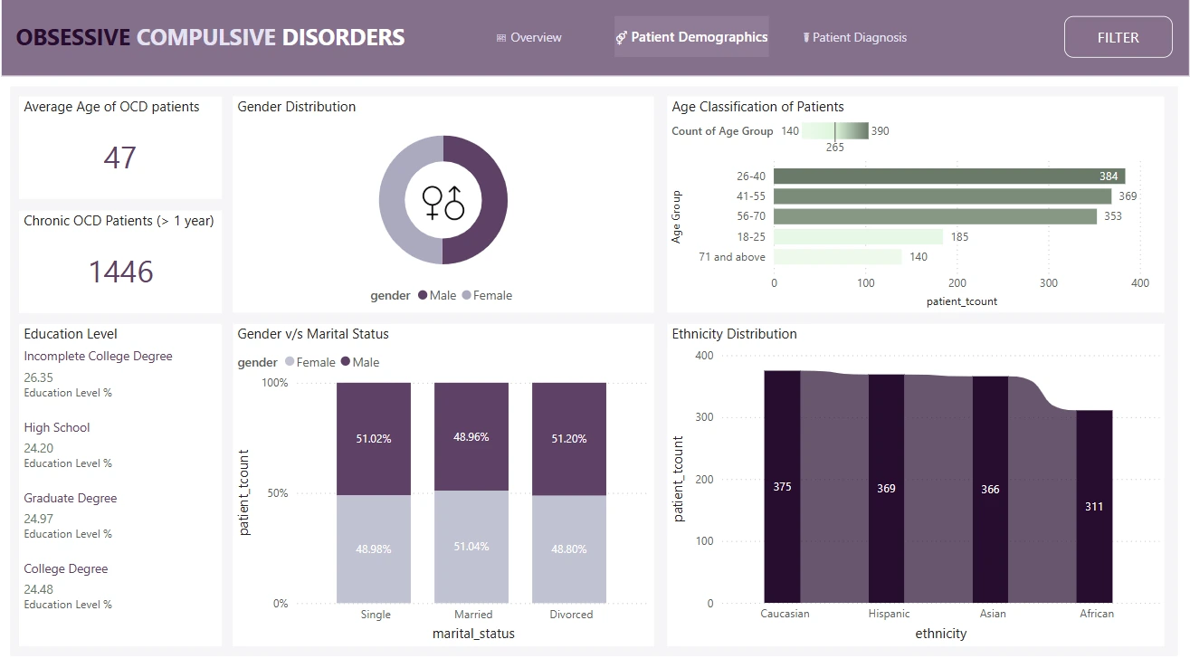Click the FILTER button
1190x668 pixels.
[x=1118, y=37]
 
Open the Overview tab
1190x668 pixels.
[x=529, y=37]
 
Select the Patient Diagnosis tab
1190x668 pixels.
[x=855, y=37]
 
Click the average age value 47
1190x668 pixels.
[x=119, y=157]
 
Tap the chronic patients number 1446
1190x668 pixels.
[x=120, y=272]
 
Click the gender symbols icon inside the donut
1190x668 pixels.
[x=443, y=201]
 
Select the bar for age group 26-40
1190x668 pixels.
[x=948, y=177]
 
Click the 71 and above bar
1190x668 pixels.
[x=837, y=257]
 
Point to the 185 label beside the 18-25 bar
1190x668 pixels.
[x=959, y=237]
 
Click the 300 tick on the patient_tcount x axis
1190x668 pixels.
[x=1049, y=283]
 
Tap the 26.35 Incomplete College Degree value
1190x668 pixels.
[x=39, y=377]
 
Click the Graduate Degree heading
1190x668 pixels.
[x=71, y=498]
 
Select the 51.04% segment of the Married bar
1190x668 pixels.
[x=471, y=547]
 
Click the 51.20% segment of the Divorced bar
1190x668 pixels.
[x=568, y=439]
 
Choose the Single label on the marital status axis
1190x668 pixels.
[x=376, y=615]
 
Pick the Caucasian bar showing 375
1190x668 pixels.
[x=782, y=487]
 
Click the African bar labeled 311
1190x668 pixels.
[x=1094, y=507]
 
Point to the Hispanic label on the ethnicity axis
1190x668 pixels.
[x=889, y=614]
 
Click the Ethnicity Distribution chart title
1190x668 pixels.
[x=734, y=334]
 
